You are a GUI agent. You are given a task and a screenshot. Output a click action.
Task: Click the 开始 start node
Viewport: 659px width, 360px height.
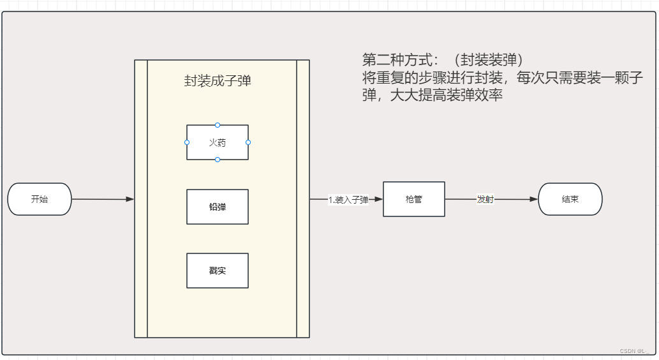click(x=40, y=199)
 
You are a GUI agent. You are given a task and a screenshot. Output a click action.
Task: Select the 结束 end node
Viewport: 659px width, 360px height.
click(x=570, y=199)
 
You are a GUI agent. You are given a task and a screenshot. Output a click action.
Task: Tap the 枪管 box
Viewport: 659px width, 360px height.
click(x=414, y=199)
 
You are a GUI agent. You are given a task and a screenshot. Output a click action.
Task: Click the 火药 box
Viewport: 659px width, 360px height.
click(x=218, y=142)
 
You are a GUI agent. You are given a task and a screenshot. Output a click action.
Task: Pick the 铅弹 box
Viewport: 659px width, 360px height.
click(x=218, y=207)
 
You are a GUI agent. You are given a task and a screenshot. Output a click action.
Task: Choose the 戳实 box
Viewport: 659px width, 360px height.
click(x=218, y=271)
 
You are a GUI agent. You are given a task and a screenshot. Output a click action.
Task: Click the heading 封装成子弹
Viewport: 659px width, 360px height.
click(x=218, y=81)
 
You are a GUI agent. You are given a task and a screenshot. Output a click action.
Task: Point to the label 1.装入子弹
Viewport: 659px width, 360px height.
click(x=348, y=200)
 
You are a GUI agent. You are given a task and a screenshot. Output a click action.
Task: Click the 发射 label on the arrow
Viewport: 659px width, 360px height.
click(x=485, y=199)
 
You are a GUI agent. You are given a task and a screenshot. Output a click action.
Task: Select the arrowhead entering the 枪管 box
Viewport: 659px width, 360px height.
click(x=379, y=199)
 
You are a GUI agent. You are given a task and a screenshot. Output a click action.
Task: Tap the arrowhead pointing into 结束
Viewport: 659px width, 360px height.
click(x=535, y=200)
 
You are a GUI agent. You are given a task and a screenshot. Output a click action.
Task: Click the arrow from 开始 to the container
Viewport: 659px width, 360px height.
click(x=102, y=199)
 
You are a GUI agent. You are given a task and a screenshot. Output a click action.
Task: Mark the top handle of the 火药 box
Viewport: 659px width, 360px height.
click(x=218, y=125)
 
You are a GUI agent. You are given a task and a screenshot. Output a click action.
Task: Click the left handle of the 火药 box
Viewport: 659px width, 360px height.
click(x=187, y=142)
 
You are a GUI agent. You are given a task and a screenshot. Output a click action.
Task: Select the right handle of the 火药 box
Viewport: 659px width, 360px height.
click(x=248, y=142)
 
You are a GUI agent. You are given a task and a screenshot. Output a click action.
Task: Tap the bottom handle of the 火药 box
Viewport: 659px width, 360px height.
click(x=218, y=160)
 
